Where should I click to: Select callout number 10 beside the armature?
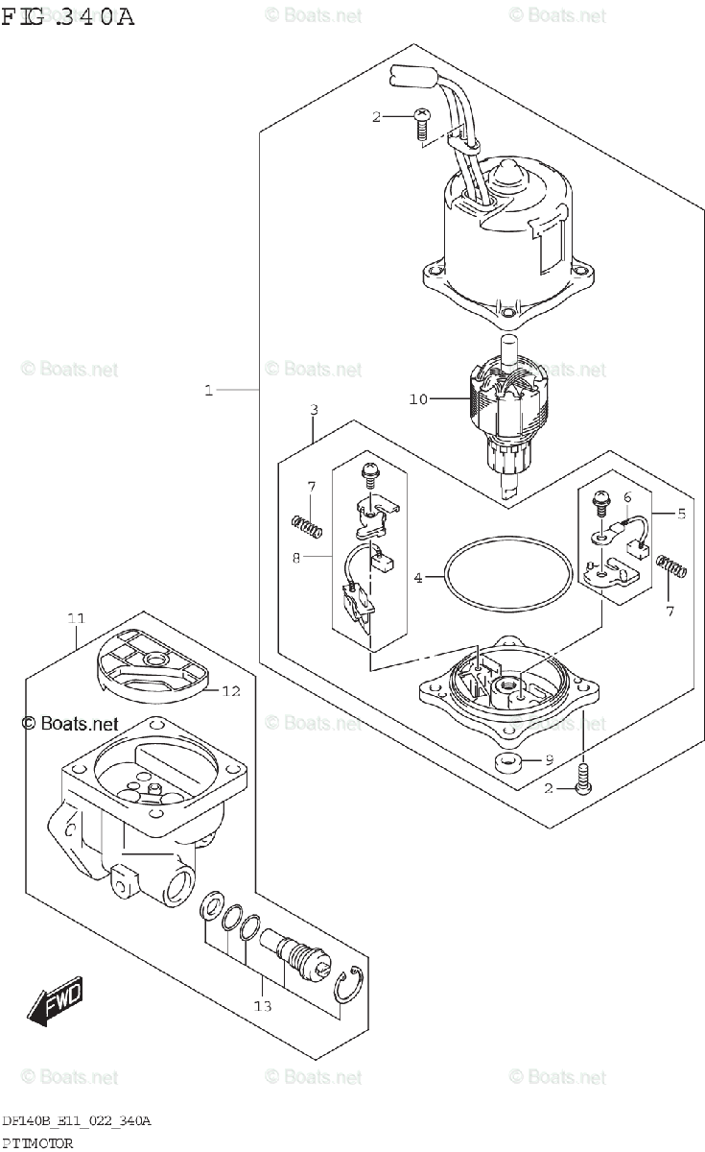click(418, 399)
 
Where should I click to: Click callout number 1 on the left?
click(208, 390)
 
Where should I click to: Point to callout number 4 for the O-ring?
click(418, 578)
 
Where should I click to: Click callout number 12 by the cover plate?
click(232, 690)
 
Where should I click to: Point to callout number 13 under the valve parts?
click(263, 1006)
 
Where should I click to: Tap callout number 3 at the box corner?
click(315, 411)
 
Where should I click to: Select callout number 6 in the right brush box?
click(627, 497)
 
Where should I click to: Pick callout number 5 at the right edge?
click(681, 514)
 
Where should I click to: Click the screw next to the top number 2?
click(421, 123)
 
